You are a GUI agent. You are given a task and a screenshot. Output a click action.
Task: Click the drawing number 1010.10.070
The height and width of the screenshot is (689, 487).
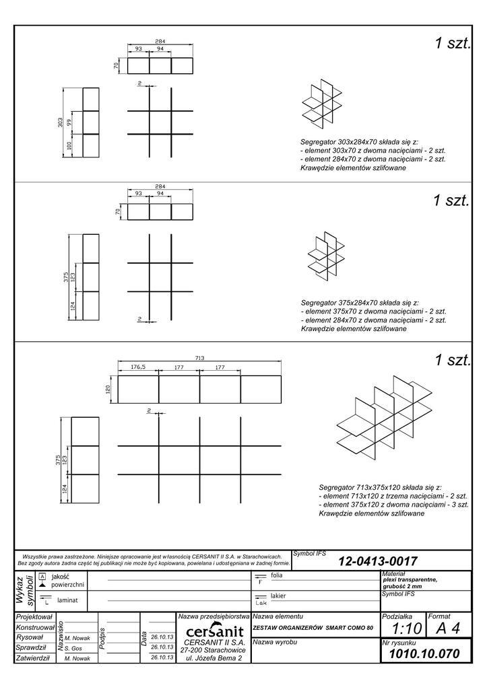(424, 653)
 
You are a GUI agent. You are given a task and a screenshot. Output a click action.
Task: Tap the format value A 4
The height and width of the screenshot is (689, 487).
(448, 628)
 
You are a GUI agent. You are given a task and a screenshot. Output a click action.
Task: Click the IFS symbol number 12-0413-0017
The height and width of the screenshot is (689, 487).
(378, 560)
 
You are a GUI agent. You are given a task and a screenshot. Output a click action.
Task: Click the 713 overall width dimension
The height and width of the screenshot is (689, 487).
(199, 359)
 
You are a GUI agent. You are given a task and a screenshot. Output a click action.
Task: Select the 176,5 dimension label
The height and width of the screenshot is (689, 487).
(138, 367)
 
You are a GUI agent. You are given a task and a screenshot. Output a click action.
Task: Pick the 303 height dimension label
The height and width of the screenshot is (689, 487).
(60, 122)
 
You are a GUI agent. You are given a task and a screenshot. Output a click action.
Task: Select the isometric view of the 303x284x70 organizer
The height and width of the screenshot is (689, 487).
(319, 106)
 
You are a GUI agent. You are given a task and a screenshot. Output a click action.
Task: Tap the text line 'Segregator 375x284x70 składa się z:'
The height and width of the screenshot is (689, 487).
(360, 303)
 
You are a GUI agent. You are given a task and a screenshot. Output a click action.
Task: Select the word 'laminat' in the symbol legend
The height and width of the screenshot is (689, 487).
(69, 599)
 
